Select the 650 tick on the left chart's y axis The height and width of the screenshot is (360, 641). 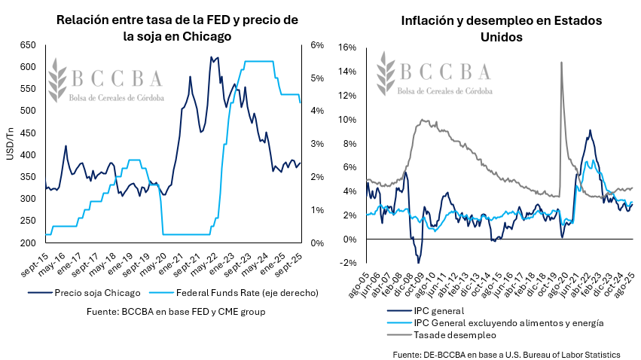tap(28, 46)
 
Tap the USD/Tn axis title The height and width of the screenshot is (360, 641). tap(9, 144)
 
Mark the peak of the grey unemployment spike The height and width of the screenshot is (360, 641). tap(561, 63)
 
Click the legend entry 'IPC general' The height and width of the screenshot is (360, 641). tap(427, 310)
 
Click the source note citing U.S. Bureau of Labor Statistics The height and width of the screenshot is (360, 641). tap(506, 353)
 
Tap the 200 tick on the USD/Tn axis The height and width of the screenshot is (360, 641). tap(28, 243)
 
